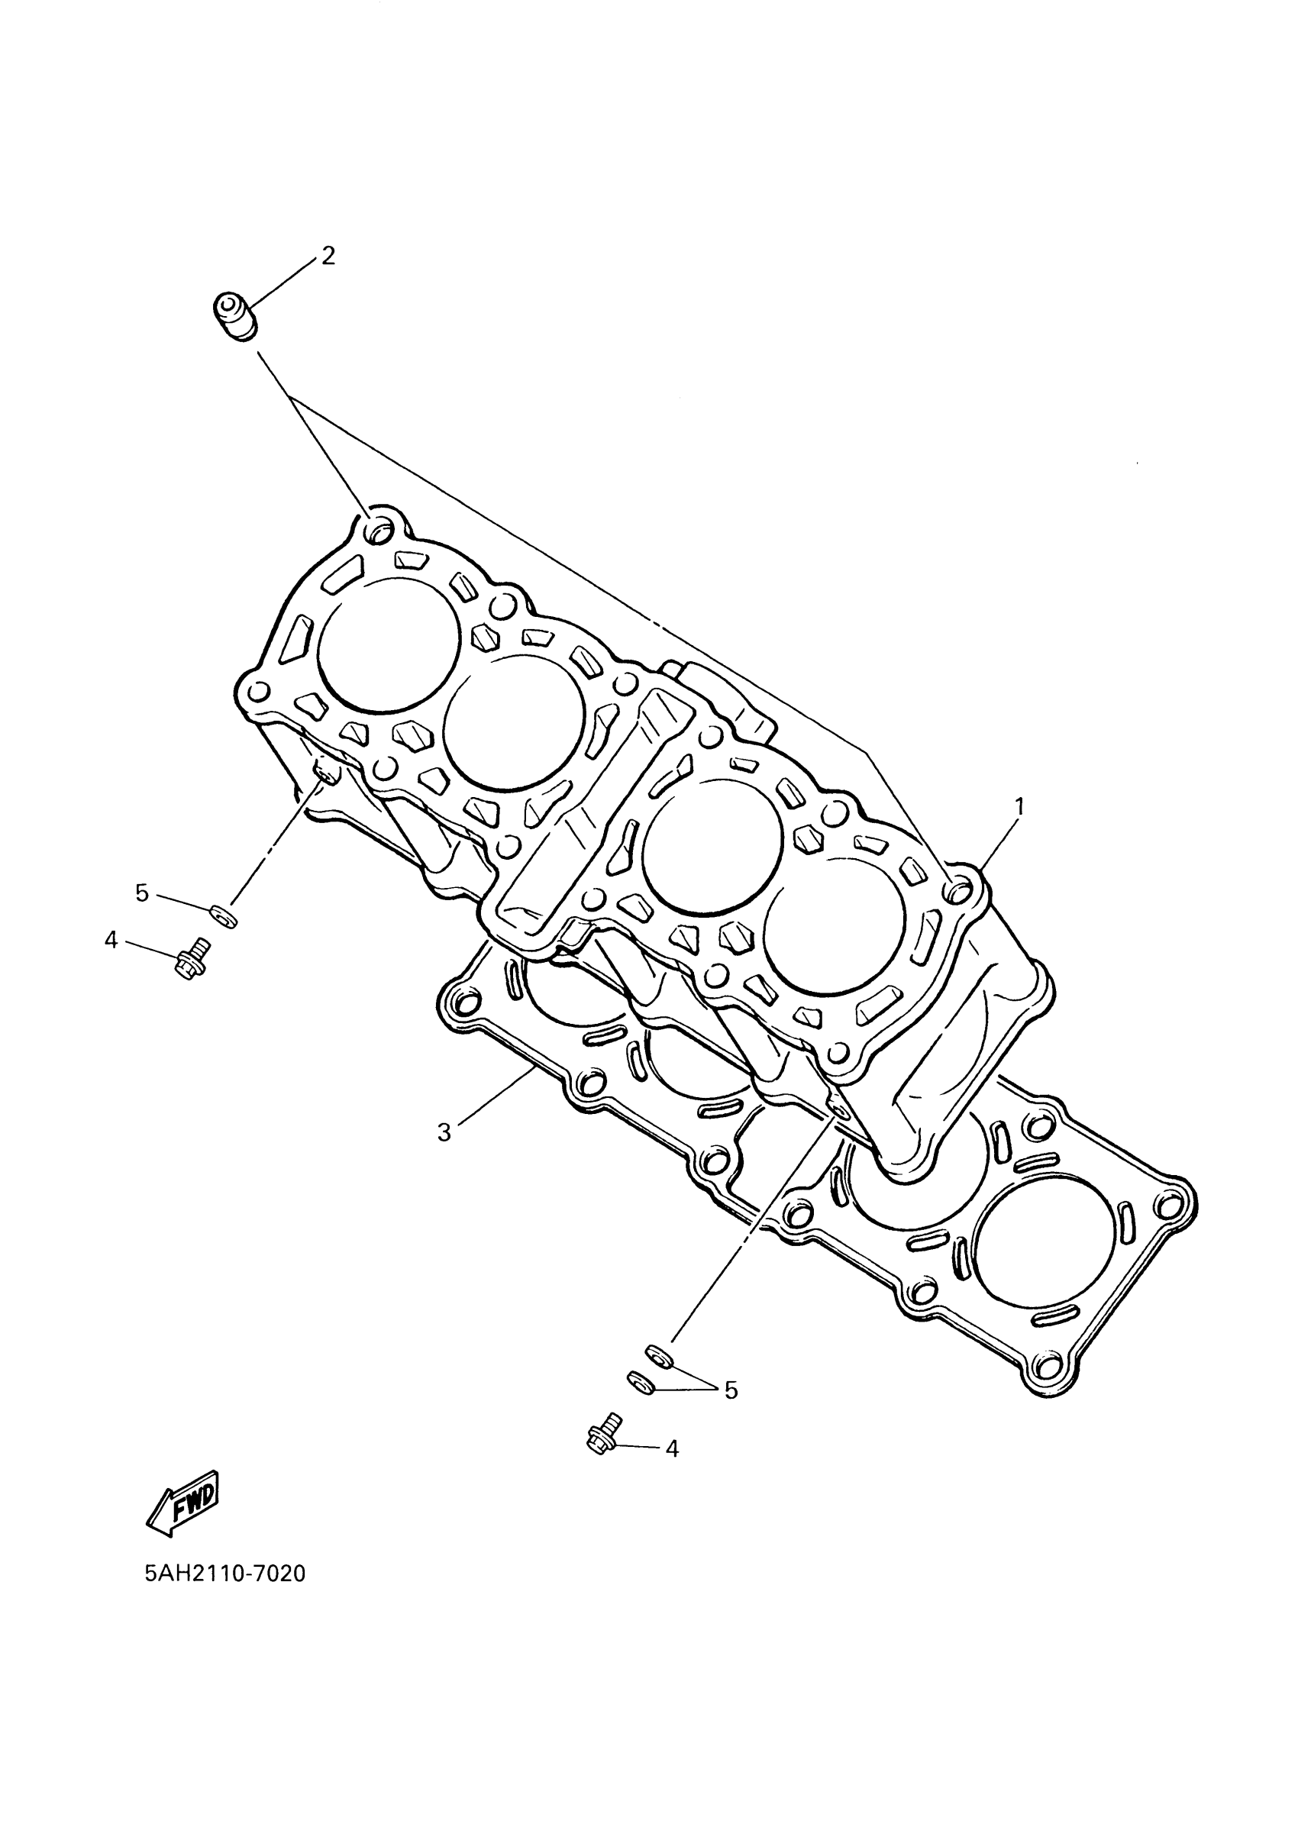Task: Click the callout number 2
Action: tap(328, 256)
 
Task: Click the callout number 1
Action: tap(1019, 806)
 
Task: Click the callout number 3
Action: tap(445, 1132)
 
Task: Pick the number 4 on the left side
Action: tap(111, 940)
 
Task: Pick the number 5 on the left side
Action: tap(143, 893)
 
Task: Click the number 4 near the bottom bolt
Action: tap(672, 1449)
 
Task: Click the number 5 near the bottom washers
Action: tap(731, 1390)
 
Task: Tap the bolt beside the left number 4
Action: tap(191, 957)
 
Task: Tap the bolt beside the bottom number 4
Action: tap(604, 1434)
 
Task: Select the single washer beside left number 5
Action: tap(223, 915)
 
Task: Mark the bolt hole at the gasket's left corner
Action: tap(462, 1002)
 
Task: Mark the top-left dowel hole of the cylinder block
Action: tap(379, 530)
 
